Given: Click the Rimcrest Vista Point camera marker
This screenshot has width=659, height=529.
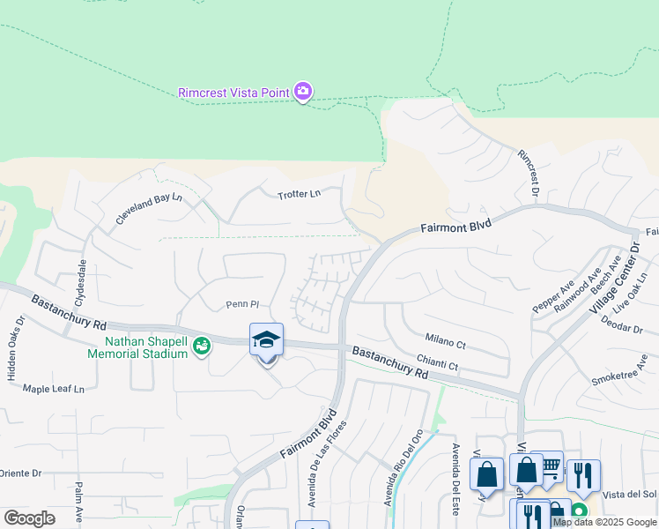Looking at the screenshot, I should (303, 91).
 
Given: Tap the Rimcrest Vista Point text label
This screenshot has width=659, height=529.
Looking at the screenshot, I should (233, 92).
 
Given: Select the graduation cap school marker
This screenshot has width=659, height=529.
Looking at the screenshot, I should (266, 339).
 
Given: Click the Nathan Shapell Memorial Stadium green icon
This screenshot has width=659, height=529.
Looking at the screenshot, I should (202, 346).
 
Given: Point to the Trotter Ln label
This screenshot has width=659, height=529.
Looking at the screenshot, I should (299, 195).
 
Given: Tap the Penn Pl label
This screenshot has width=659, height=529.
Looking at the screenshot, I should (241, 305).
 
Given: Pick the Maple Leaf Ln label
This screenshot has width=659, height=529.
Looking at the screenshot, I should (54, 389).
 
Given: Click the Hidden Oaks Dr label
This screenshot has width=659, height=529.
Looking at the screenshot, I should (12, 347).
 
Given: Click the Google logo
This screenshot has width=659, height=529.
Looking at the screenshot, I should (29, 518).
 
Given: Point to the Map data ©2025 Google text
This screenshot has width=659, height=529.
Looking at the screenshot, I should (604, 522).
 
